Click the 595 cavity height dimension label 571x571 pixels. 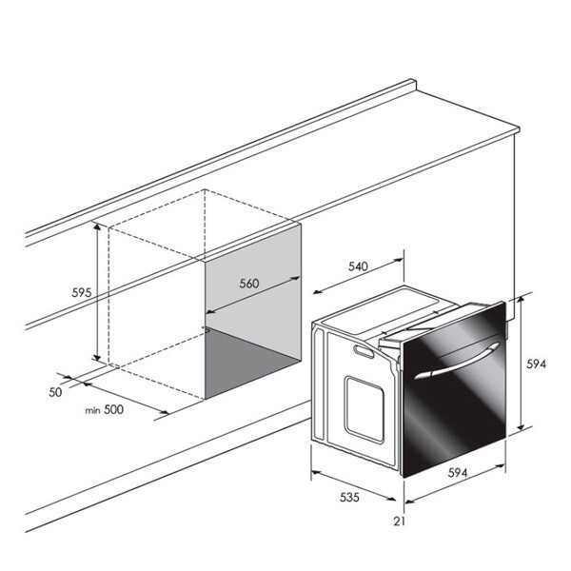[x=81, y=292]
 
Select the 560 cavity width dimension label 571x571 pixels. [x=249, y=284]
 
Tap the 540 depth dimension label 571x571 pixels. [x=358, y=266]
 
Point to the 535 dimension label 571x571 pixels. [x=349, y=497]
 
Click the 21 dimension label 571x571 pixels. [x=399, y=522]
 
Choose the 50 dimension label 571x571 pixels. [x=55, y=392]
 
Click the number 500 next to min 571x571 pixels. [x=113, y=409]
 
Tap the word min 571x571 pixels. [x=92, y=411]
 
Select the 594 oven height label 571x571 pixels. [x=536, y=364]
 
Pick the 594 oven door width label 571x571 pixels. [x=458, y=473]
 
